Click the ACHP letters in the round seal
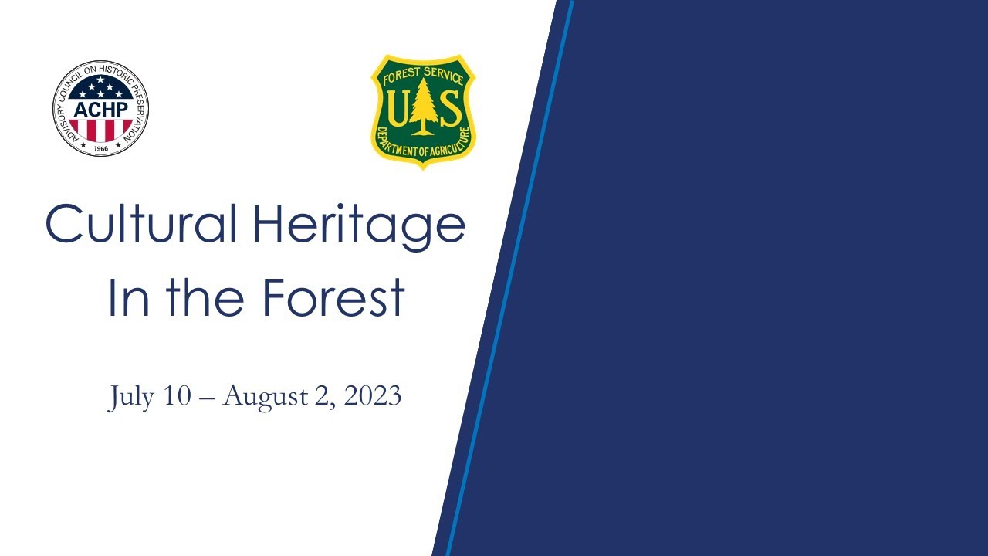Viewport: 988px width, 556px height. point(100,108)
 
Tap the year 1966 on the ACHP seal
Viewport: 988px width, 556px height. point(100,147)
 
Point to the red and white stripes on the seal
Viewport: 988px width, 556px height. point(100,128)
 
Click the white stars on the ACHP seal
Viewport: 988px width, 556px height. point(100,90)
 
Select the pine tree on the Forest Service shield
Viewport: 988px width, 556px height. point(423,108)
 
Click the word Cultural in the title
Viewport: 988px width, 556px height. point(141,224)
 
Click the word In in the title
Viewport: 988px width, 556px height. point(127,297)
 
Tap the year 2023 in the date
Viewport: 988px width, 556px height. point(373,396)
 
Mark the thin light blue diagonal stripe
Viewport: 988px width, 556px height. point(509,278)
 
